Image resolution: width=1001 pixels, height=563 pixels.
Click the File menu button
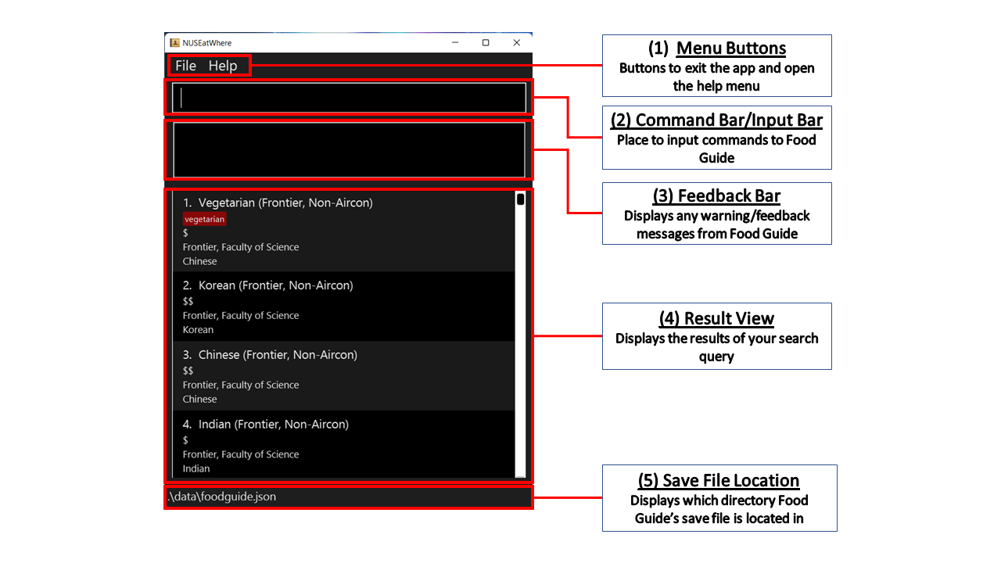[x=185, y=66]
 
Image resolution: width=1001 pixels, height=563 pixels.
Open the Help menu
[x=223, y=66]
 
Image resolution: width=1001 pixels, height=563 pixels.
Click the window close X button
[x=517, y=42]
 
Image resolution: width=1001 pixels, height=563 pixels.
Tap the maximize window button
[x=486, y=42]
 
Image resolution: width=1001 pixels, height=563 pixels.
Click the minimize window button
[x=455, y=42]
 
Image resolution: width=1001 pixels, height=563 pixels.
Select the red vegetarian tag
[x=204, y=219]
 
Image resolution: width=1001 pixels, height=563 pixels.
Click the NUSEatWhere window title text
[x=207, y=43]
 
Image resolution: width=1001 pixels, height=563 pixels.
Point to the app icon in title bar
[x=174, y=42]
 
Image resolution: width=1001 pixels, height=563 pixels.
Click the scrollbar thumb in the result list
[x=520, y=199]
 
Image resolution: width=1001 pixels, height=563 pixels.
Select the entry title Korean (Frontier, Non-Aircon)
[x=276, y=285]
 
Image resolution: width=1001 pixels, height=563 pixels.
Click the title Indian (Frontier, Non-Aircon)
[x=274, y=424]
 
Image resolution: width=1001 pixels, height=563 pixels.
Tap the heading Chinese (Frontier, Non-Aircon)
[x=278, y=355]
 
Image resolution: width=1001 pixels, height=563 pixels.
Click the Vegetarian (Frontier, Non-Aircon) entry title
[x=285, y=203]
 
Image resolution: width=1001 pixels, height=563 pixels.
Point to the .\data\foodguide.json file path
[x=221, y=497]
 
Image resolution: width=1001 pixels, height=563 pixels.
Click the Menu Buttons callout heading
[x=717, y=48]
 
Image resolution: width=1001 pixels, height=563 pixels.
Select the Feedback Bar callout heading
[x=716, y=195]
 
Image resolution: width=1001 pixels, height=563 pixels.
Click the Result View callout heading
[x=716, y=318]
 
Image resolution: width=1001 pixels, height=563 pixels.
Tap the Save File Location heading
[x=719, y=480]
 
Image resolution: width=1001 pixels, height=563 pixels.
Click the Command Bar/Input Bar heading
[x=716, y=120]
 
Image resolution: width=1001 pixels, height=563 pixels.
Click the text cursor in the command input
[x=181, y=98]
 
